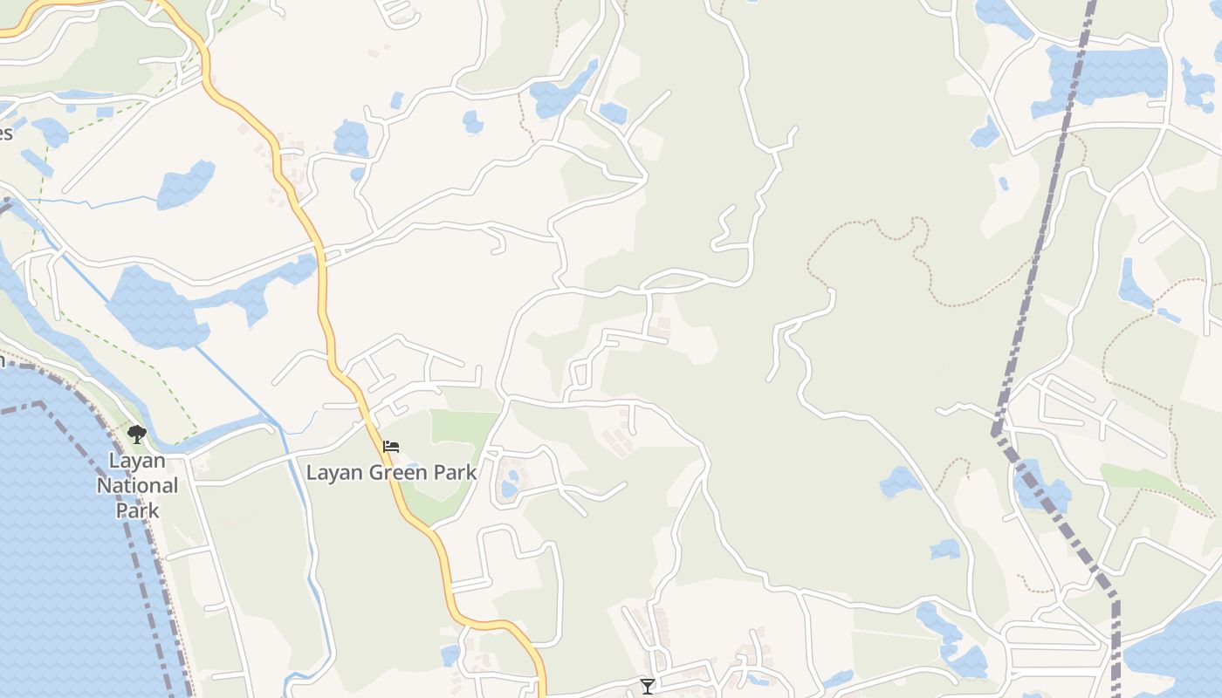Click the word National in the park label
pos(137,485)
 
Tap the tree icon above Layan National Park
pos(136,434)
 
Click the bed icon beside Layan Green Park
pos(391,447)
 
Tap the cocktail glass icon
pos(647,686)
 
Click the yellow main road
pos(324,288)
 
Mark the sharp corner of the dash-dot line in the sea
pos(39,404)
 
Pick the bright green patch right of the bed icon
pos(463,428)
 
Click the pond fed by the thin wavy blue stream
pos(185,185)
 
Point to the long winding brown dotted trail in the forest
pos(916,253)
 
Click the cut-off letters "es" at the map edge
pos(5,133)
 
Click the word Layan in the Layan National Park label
pos(137,461)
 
